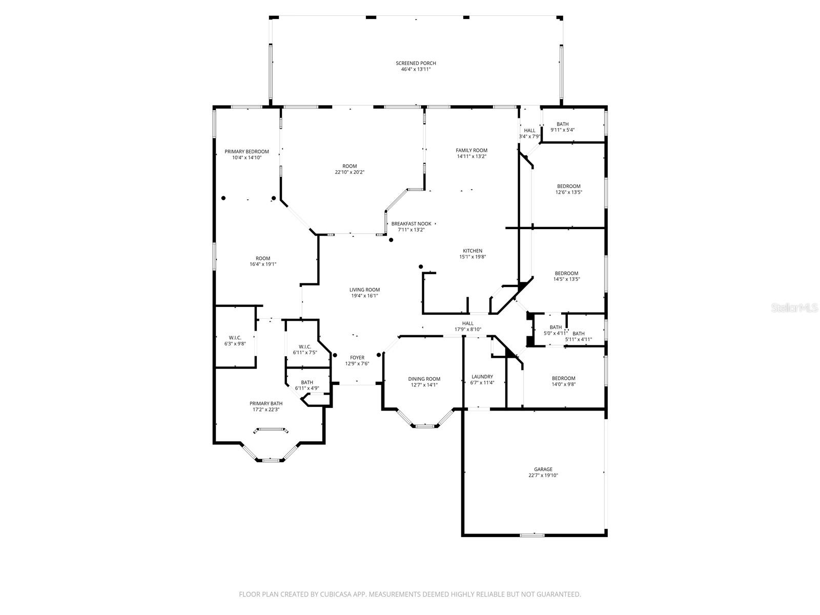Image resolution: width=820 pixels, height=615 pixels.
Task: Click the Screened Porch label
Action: [416, 63]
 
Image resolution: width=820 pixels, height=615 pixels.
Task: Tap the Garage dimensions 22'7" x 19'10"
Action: [543, 476]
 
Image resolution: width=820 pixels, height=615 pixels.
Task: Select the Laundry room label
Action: [482, 376]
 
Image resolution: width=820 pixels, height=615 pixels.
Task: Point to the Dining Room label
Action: [424, 379]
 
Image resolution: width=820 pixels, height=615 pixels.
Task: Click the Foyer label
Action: [357, 357]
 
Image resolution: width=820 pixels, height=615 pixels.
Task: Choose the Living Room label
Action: [365, 290]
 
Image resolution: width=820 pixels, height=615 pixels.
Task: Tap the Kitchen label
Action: [472, 251]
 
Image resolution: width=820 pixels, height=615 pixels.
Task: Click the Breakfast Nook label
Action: [411, 223]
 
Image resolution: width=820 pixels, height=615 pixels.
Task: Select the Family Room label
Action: [471, 150]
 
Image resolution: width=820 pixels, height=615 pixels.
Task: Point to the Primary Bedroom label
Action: [247, 151]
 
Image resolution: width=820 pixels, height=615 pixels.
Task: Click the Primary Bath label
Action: [266, 403]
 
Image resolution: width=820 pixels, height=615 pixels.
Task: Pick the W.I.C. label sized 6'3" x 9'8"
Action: [235, 340]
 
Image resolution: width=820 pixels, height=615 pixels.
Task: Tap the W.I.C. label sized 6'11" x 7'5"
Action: [305, 350]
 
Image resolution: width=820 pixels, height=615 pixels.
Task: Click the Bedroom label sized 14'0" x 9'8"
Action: [563, 381]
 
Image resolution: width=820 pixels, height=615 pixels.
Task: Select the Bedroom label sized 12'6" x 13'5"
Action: [569, 189]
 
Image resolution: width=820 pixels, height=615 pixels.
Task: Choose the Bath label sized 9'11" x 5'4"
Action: [563, 127]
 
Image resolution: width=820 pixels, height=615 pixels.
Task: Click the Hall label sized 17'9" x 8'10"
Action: [468, 326]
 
